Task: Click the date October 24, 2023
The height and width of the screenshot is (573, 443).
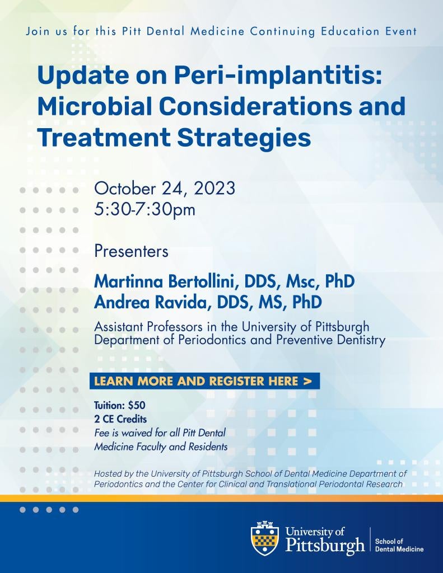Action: (x=165, y=189)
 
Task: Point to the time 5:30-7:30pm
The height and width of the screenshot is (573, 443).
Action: (x=145, y=209)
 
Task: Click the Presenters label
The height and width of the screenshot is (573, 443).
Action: (x=131, y=251)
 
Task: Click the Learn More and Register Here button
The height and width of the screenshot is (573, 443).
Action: (x=204, y=381)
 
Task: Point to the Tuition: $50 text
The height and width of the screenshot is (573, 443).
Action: (x=120, y=405)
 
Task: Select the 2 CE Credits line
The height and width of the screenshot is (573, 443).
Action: (x=120, y=419)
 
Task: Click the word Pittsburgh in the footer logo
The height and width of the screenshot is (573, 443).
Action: (x=325, y=546)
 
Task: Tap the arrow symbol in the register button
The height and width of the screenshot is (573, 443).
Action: (x=307, y=381)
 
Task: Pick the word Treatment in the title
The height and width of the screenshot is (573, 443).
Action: (x=104, y=138)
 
